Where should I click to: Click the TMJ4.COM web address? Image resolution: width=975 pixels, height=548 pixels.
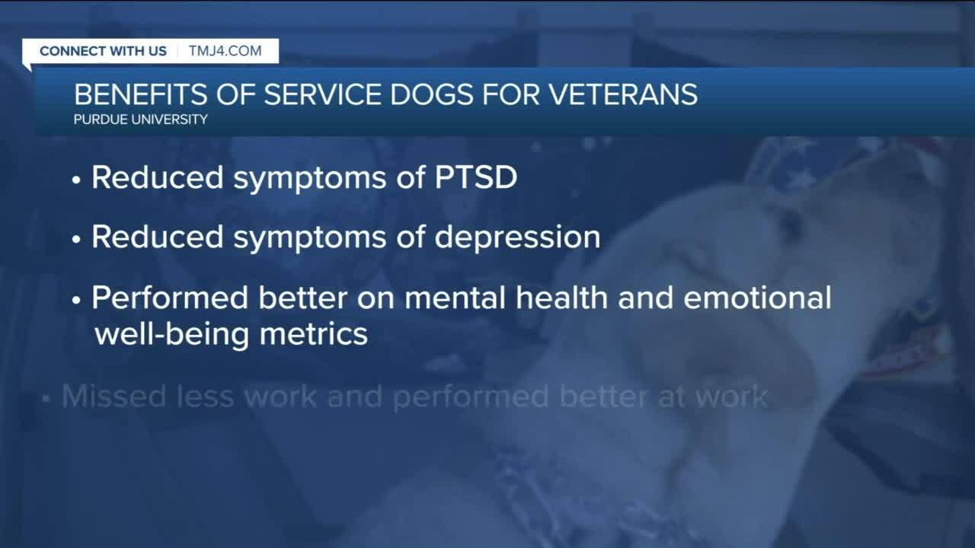pyautogui.click(x=225, y=51)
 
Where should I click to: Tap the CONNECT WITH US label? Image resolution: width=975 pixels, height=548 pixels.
pyautogui.click(x=103, y=51)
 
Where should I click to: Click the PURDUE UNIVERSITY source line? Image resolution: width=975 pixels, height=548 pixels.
pyautogui.click(x=141, y=119)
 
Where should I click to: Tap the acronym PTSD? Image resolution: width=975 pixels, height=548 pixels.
pyautogui.click(x=476, y=177)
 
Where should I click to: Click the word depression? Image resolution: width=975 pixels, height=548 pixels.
pyautogui.click(x=517, y=237)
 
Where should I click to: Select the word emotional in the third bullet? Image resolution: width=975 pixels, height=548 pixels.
pyautogui.click(x=757, y=298)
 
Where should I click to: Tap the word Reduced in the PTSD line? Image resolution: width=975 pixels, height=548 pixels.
pyautogui.click(x=157, y=177)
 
